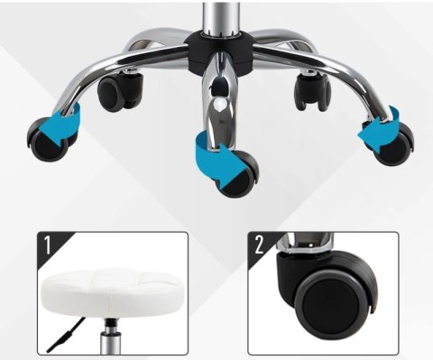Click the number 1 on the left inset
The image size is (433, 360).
pos(48,245)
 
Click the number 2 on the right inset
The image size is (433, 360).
pos(260,245)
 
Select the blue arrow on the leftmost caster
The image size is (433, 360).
pos(61,125)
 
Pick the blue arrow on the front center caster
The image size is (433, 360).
pos(218,161)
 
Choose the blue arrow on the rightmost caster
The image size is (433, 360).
pos(381,129)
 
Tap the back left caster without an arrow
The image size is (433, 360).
pos(120,90)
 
